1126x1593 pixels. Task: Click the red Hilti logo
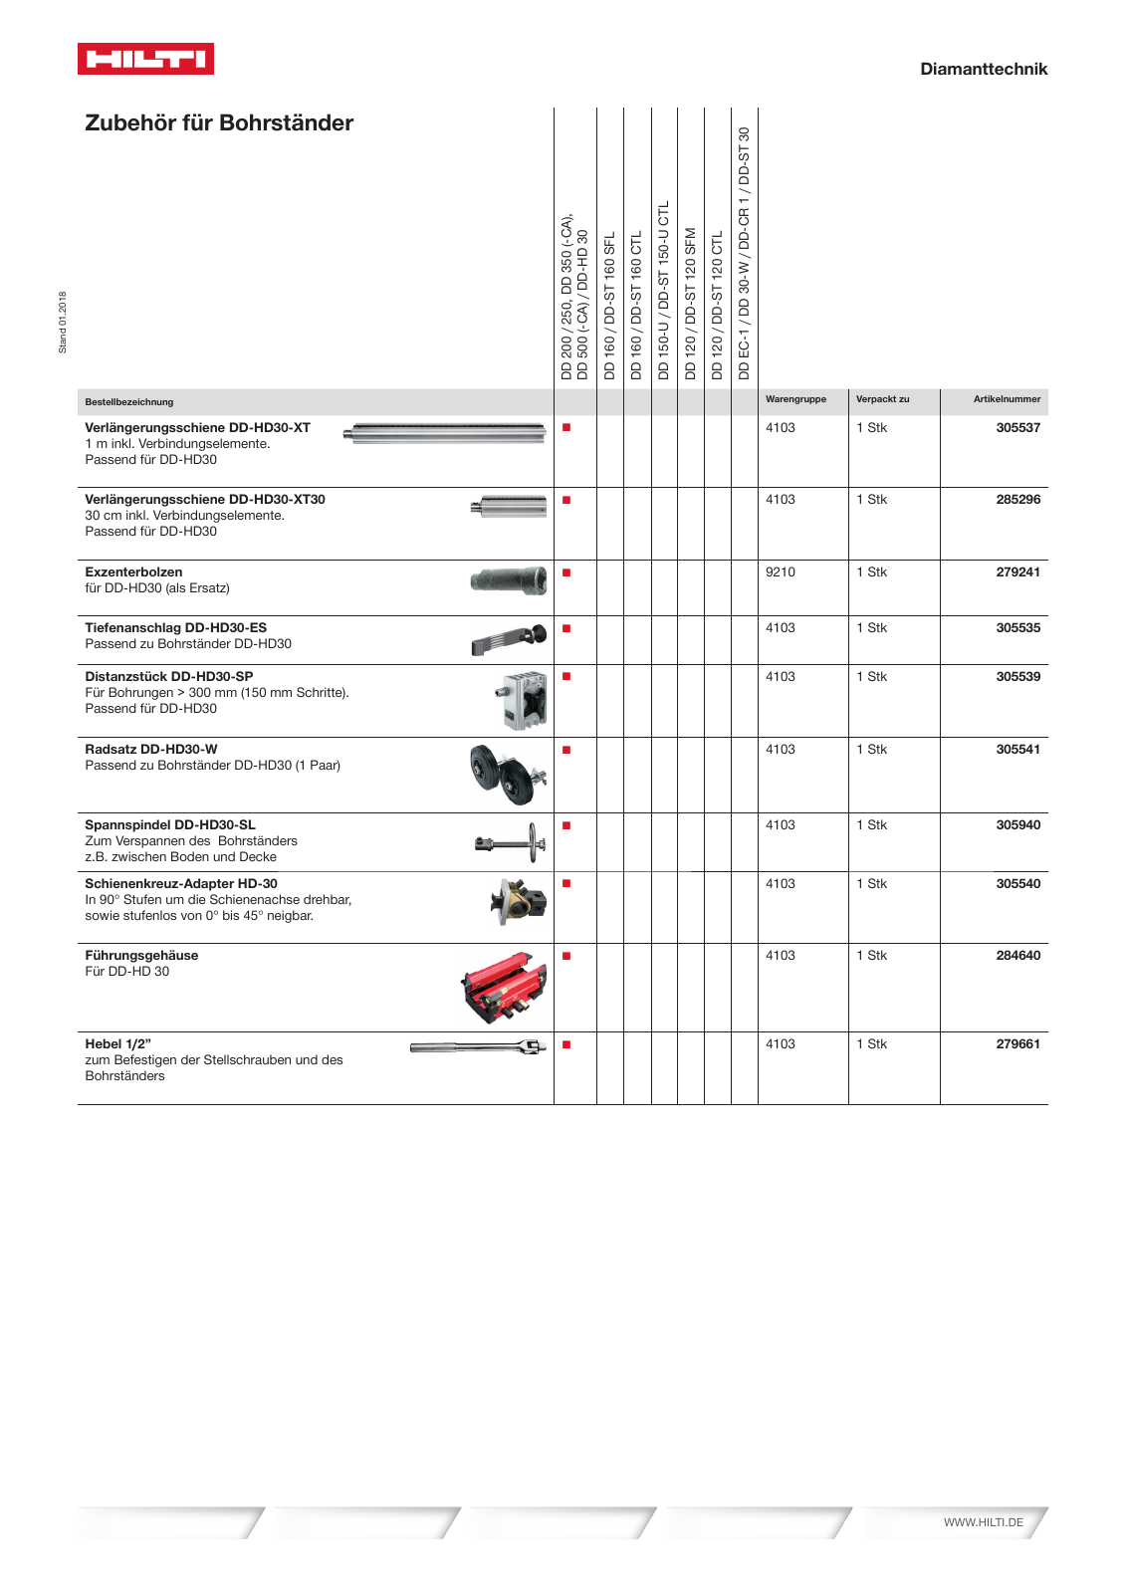[145, 59]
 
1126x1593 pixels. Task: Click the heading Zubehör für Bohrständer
[219, 123]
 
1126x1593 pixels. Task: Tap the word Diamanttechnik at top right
[983, 69]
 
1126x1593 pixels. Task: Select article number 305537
[1017, 428]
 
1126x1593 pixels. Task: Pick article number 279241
[1017, 572]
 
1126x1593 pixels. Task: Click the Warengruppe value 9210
[780, 572]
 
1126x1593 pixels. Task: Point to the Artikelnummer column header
[1007, 399]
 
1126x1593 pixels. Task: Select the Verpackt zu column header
[882, 399]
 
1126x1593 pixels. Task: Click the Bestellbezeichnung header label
[129, 402]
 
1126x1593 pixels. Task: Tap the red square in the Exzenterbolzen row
[566, 572]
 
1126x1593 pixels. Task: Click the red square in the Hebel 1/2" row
[566, 1044]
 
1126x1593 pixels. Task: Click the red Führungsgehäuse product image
[504, 987]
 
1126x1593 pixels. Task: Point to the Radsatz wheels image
[508, 774]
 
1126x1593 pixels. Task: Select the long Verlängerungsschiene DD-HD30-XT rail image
[444, 432]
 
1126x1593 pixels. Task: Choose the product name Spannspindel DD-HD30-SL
[170, 825]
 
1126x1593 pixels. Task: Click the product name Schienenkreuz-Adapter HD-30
[181, 884]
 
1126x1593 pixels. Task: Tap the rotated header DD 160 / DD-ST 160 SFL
[610, 305]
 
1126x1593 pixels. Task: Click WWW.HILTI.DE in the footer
[983, 1522]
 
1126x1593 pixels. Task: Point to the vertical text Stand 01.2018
[63, 322]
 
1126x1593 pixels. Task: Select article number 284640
[1017, 956]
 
